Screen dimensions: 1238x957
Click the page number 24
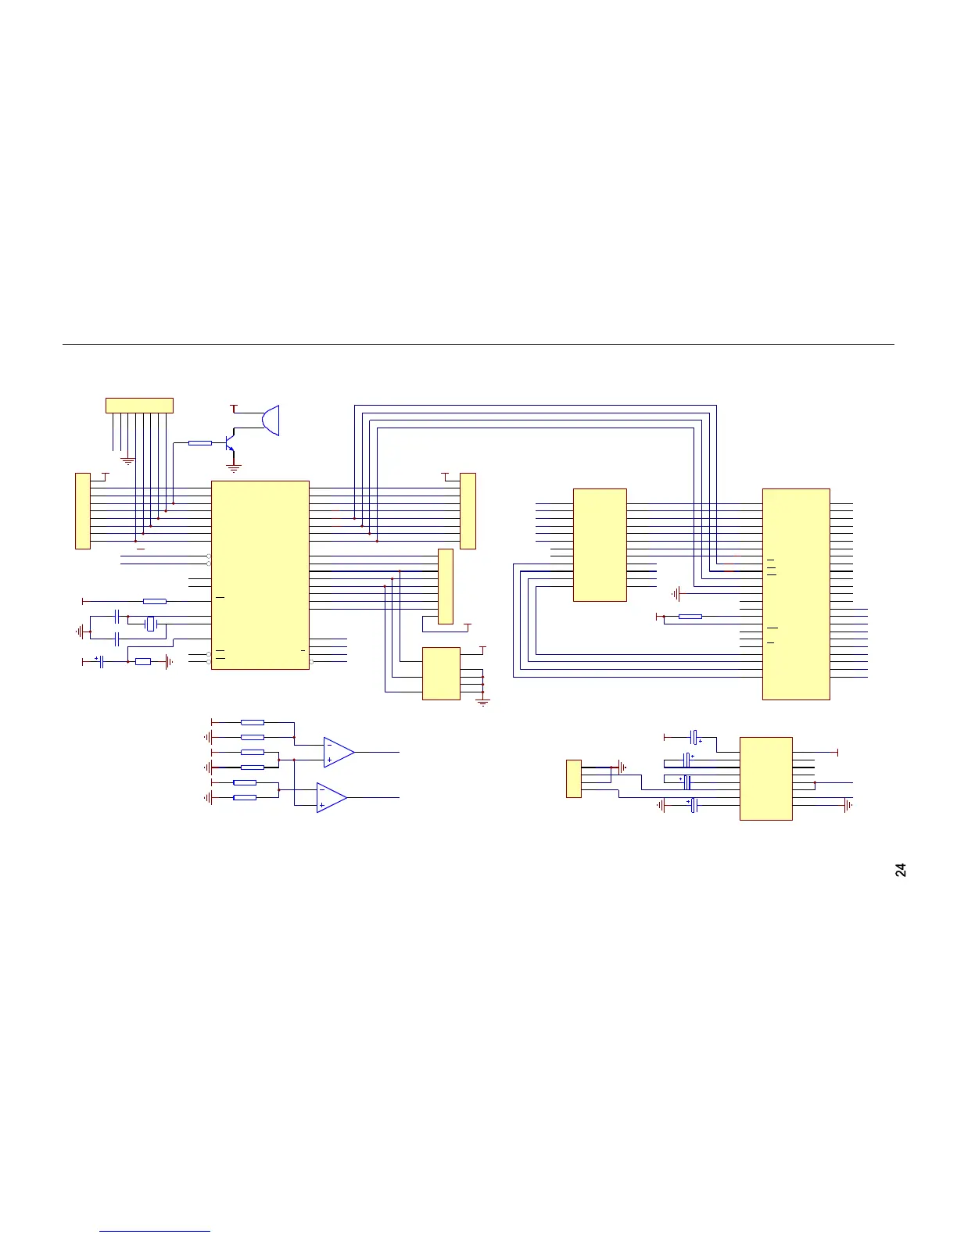click(x=901, y=869)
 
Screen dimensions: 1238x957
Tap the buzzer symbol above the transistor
click(x=270, y=420)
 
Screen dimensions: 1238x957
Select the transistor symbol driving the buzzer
click(x=230, y=443)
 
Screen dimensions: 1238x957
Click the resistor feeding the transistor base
click(x=200, y=443)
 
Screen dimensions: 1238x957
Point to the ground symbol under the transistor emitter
click(x=233, y=469)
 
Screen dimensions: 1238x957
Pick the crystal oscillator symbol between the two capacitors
click(x=152, y=624)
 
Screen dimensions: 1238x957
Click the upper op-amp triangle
click(x=339, y=752)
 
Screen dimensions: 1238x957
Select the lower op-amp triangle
click(x=332, y=797)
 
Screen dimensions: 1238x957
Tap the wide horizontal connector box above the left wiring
click(x=139, y=406)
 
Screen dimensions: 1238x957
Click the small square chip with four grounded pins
click(x=441, y=673)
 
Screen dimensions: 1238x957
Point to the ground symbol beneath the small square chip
click(x=483, y=703)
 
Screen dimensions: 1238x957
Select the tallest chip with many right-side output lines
click(x=796, y=594)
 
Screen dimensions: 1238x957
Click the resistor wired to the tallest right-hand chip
click(x=690, y=617)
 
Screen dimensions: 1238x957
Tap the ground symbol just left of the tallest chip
click(x=676, y=594)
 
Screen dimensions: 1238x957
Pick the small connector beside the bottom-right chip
click(x=574, y=778)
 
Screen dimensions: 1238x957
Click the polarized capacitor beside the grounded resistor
click(x=102, y=661)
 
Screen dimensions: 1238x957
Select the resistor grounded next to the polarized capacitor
click(x=143, y=661)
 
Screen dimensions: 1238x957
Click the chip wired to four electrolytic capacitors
click(x=766, y=778)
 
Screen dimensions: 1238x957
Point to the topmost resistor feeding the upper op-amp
click(x=253, y=722)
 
